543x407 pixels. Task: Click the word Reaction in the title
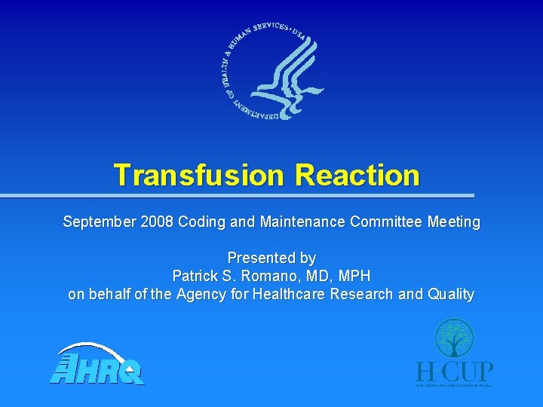pos(357,175)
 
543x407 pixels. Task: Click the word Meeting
pos(454,222)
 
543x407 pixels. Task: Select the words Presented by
pos(271,259)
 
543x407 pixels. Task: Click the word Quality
pos(449,294)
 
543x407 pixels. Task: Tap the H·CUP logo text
pos(455,372)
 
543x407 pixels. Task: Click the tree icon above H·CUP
pos(454,338)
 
